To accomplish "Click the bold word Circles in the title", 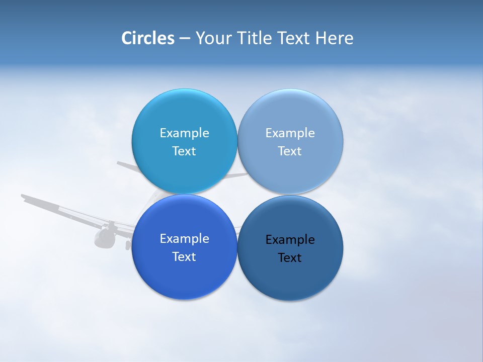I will pos(147,38).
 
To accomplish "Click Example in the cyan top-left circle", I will pos(184,133).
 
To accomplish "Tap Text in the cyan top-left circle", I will pos(184,151).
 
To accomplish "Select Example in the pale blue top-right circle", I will pos(290,133).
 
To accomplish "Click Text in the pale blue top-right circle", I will pos(290,151).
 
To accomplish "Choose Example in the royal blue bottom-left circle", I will pos(184,238).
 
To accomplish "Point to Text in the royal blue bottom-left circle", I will pos(184,257).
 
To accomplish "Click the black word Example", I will pos(290,239).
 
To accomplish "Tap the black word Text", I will pos(290,258).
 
